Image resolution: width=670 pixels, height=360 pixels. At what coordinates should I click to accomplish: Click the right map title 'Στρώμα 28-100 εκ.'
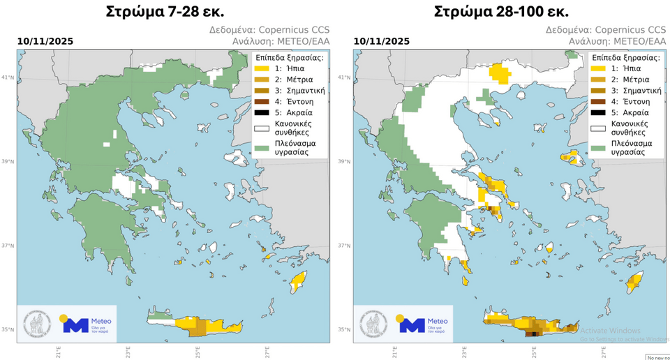501,12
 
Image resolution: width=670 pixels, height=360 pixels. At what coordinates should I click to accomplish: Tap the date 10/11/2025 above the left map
45,41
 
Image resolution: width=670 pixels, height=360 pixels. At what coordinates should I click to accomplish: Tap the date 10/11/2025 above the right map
382,41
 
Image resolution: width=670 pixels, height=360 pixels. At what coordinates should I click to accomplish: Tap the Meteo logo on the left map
87,324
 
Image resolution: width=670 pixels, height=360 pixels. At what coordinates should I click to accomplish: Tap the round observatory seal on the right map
374,324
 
